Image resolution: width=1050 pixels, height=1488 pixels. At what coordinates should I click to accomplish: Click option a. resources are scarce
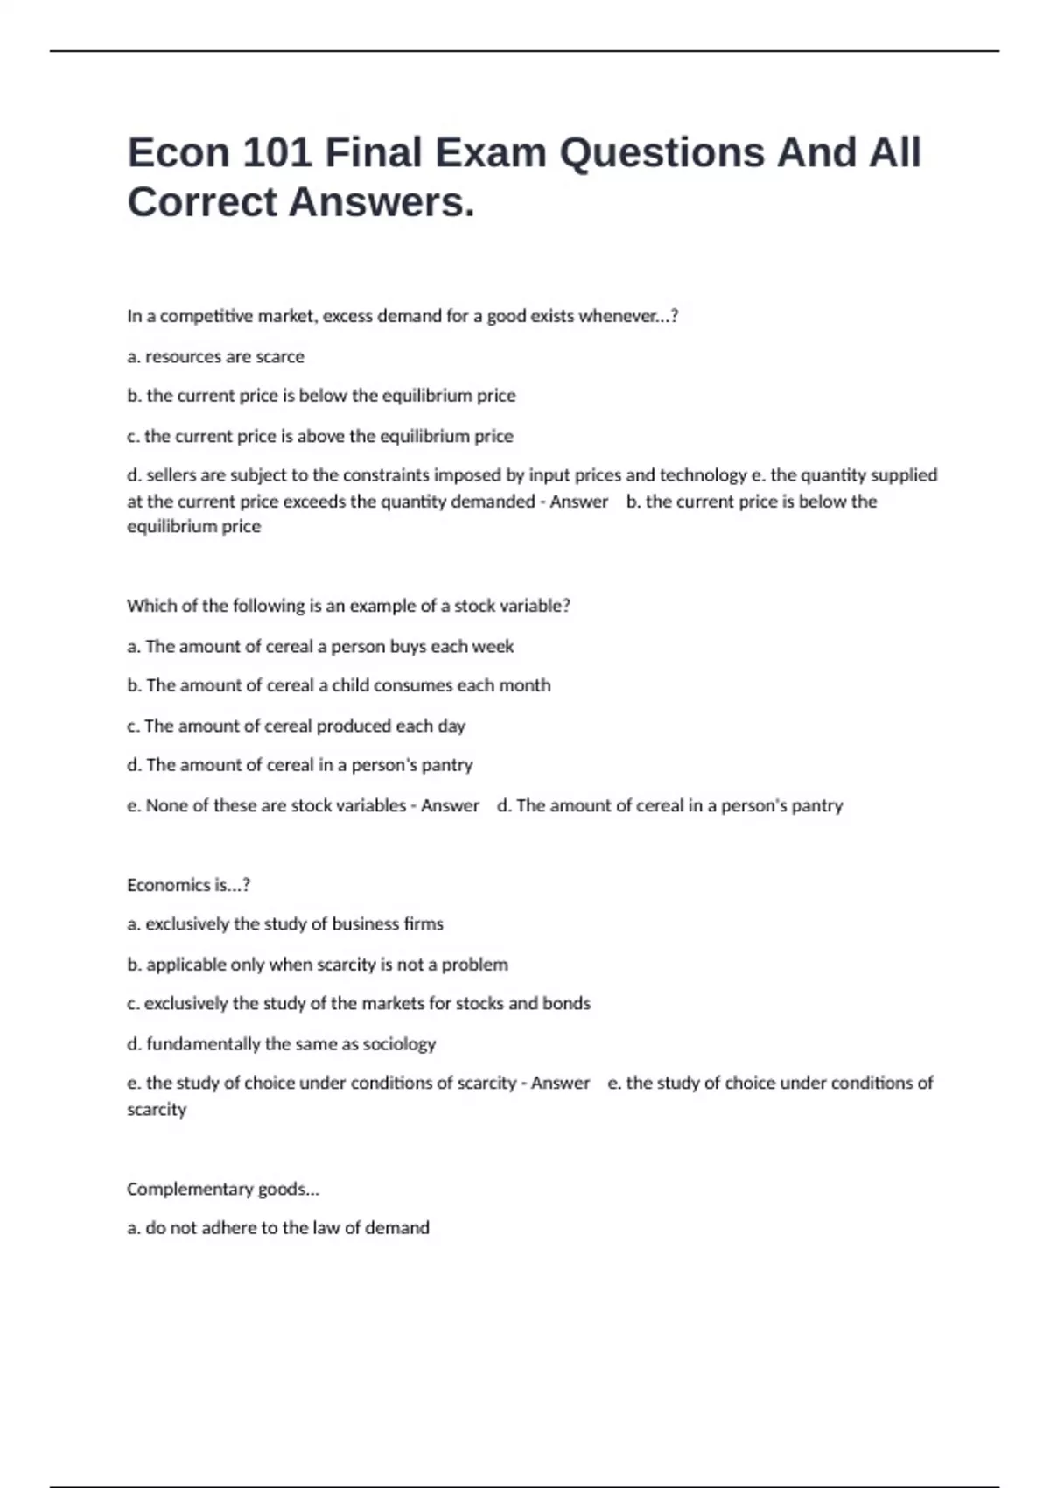pos(215,357)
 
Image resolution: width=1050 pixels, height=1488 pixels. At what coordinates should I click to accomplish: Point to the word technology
pos(703,475)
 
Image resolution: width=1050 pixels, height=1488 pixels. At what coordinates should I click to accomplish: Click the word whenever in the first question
pos(619,317)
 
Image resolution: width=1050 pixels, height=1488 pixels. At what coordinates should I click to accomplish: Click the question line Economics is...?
pos(188,885)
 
